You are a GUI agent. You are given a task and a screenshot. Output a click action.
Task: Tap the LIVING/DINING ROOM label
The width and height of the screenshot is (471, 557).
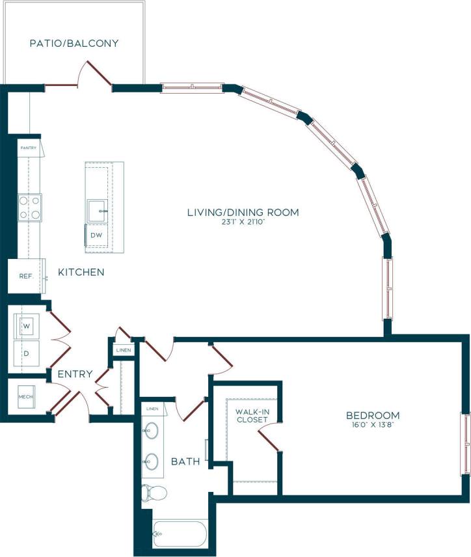[243, 212]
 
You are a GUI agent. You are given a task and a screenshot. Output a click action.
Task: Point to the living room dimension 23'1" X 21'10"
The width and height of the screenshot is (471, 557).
[243, 223]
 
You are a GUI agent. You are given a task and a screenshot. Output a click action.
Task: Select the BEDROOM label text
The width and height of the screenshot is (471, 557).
[372, 415]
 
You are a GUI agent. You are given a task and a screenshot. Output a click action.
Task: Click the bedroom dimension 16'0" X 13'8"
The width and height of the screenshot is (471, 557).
[372, 425]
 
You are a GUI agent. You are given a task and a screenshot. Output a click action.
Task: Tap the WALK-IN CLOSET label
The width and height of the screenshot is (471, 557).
[252, 416]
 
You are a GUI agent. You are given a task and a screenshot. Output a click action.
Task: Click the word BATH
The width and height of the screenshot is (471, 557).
[185, 461]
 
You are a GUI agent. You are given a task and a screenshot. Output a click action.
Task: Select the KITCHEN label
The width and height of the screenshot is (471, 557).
[81, 272]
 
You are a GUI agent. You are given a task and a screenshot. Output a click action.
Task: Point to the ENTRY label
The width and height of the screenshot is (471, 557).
[74, 374]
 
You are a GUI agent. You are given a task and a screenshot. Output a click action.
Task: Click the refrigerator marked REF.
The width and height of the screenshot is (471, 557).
[26, 277]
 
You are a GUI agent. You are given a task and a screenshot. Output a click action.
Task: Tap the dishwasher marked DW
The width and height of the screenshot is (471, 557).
[96, 235]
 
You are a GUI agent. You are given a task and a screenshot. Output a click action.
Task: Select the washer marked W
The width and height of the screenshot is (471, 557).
[27, 325]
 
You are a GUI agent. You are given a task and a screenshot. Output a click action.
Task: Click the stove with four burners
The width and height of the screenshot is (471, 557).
[29, 208]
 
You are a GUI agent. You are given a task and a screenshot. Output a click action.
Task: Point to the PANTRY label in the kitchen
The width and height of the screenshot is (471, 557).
[27, 148]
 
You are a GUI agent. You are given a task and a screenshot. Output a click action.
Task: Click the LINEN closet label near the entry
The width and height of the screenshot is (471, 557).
[123, 350]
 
